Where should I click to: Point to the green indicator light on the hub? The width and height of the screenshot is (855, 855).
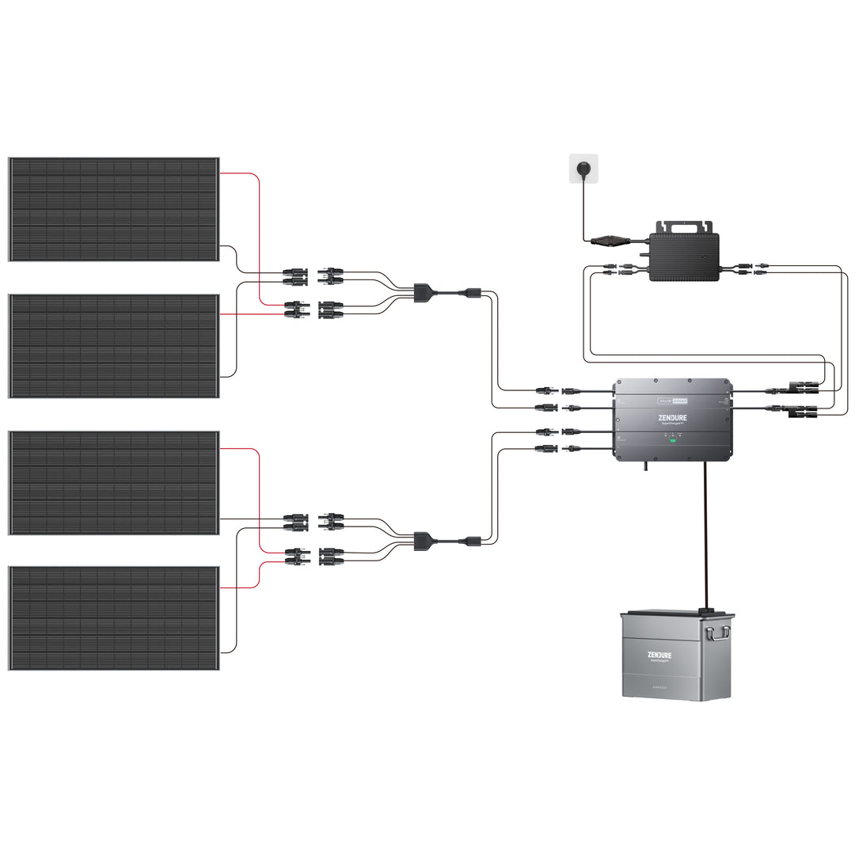[x=673, y=439]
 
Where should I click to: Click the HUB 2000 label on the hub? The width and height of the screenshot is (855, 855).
[x=673, y=401]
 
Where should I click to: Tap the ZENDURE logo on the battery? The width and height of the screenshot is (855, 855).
[x=664, y=655]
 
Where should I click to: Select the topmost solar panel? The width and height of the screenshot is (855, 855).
[x=114, y=209]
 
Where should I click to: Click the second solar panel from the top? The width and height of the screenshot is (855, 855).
[x=114, y=346]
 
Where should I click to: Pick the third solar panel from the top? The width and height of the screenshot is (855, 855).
[x=114, y=483]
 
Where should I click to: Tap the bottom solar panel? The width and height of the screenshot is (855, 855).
[x=114, y=618]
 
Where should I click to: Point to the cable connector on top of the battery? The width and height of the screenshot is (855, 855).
[x=705, y=610]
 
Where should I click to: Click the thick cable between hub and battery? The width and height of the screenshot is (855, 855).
[x=705, y=538]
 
